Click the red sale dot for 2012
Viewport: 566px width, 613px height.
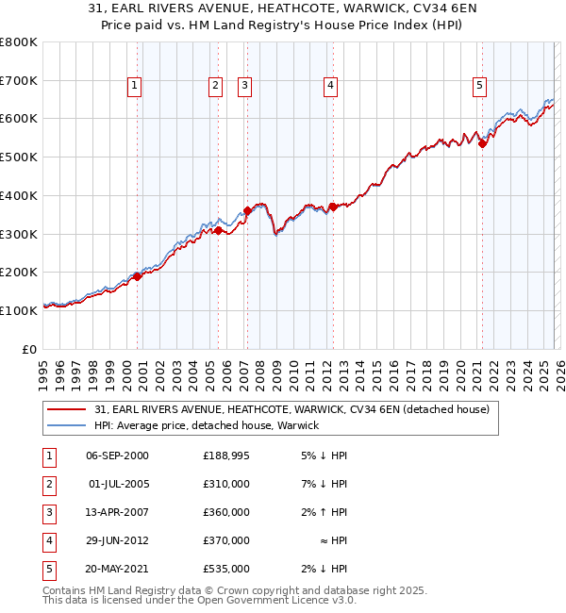(333, 207)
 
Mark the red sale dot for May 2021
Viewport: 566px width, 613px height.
(482, 143)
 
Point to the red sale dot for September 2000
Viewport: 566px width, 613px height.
(138, 276)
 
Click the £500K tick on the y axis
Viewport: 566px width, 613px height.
(19, 157)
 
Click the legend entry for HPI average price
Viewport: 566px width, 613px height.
(207, 425)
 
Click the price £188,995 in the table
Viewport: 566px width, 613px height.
(225, 456)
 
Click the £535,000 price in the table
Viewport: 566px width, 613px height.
(225, 569)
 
